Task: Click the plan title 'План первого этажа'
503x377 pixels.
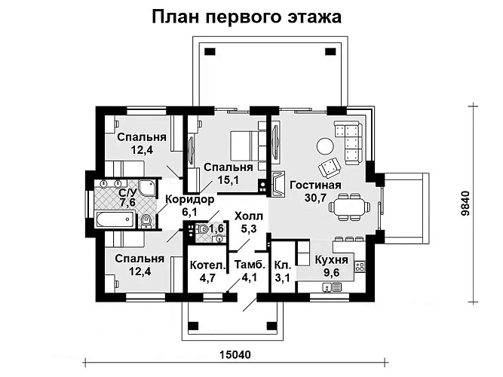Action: tap(247, 17)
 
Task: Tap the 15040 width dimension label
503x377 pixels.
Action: tap(235, 354)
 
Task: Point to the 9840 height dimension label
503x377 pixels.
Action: tap(465, 204)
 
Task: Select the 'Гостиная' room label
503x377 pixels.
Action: tap(315, 185)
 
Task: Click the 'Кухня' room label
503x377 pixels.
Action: tap(331, 259)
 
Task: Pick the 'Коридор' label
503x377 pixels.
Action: tap(189, 199)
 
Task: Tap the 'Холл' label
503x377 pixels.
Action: tap(249, 216)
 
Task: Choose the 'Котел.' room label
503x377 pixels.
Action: tap(208, 265)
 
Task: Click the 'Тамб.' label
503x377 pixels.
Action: tap(250, 265)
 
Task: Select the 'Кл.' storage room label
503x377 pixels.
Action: tap(283, 265)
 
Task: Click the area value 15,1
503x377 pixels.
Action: tap(228, 180)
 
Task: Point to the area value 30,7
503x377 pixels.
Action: tap(315, 198)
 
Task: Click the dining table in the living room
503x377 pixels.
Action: tap(349, 207)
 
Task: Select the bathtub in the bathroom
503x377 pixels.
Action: tap(115, 219)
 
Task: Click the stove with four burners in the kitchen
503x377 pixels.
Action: tap(360, 266)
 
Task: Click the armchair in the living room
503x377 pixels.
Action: tap(330, 167)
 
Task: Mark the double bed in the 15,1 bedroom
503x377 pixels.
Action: tap(248, 146)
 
